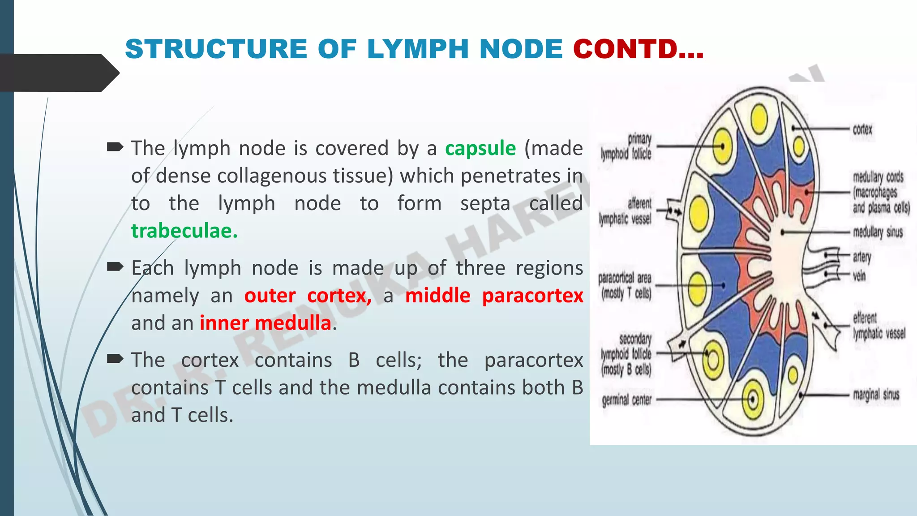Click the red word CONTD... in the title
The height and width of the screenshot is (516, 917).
638,49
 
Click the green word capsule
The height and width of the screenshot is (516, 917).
480,148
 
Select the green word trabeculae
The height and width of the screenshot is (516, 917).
184,231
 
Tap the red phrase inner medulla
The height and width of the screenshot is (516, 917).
265,323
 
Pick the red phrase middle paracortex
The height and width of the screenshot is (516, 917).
494,296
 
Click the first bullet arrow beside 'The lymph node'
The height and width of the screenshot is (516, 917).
115,147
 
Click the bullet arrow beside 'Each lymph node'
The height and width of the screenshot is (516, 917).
115,267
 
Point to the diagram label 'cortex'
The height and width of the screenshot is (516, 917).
862,129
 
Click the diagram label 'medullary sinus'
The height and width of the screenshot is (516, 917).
878,232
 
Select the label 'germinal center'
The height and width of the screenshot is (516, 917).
626,400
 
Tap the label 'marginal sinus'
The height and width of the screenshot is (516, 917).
876,395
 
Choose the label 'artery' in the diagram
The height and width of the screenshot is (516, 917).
861,257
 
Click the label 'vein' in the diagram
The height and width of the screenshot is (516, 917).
859,275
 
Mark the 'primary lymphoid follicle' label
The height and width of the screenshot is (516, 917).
626,146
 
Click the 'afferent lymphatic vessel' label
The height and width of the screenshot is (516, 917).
626,211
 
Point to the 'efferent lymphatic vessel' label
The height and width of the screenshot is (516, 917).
878,326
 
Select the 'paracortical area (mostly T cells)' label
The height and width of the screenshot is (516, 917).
625,286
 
